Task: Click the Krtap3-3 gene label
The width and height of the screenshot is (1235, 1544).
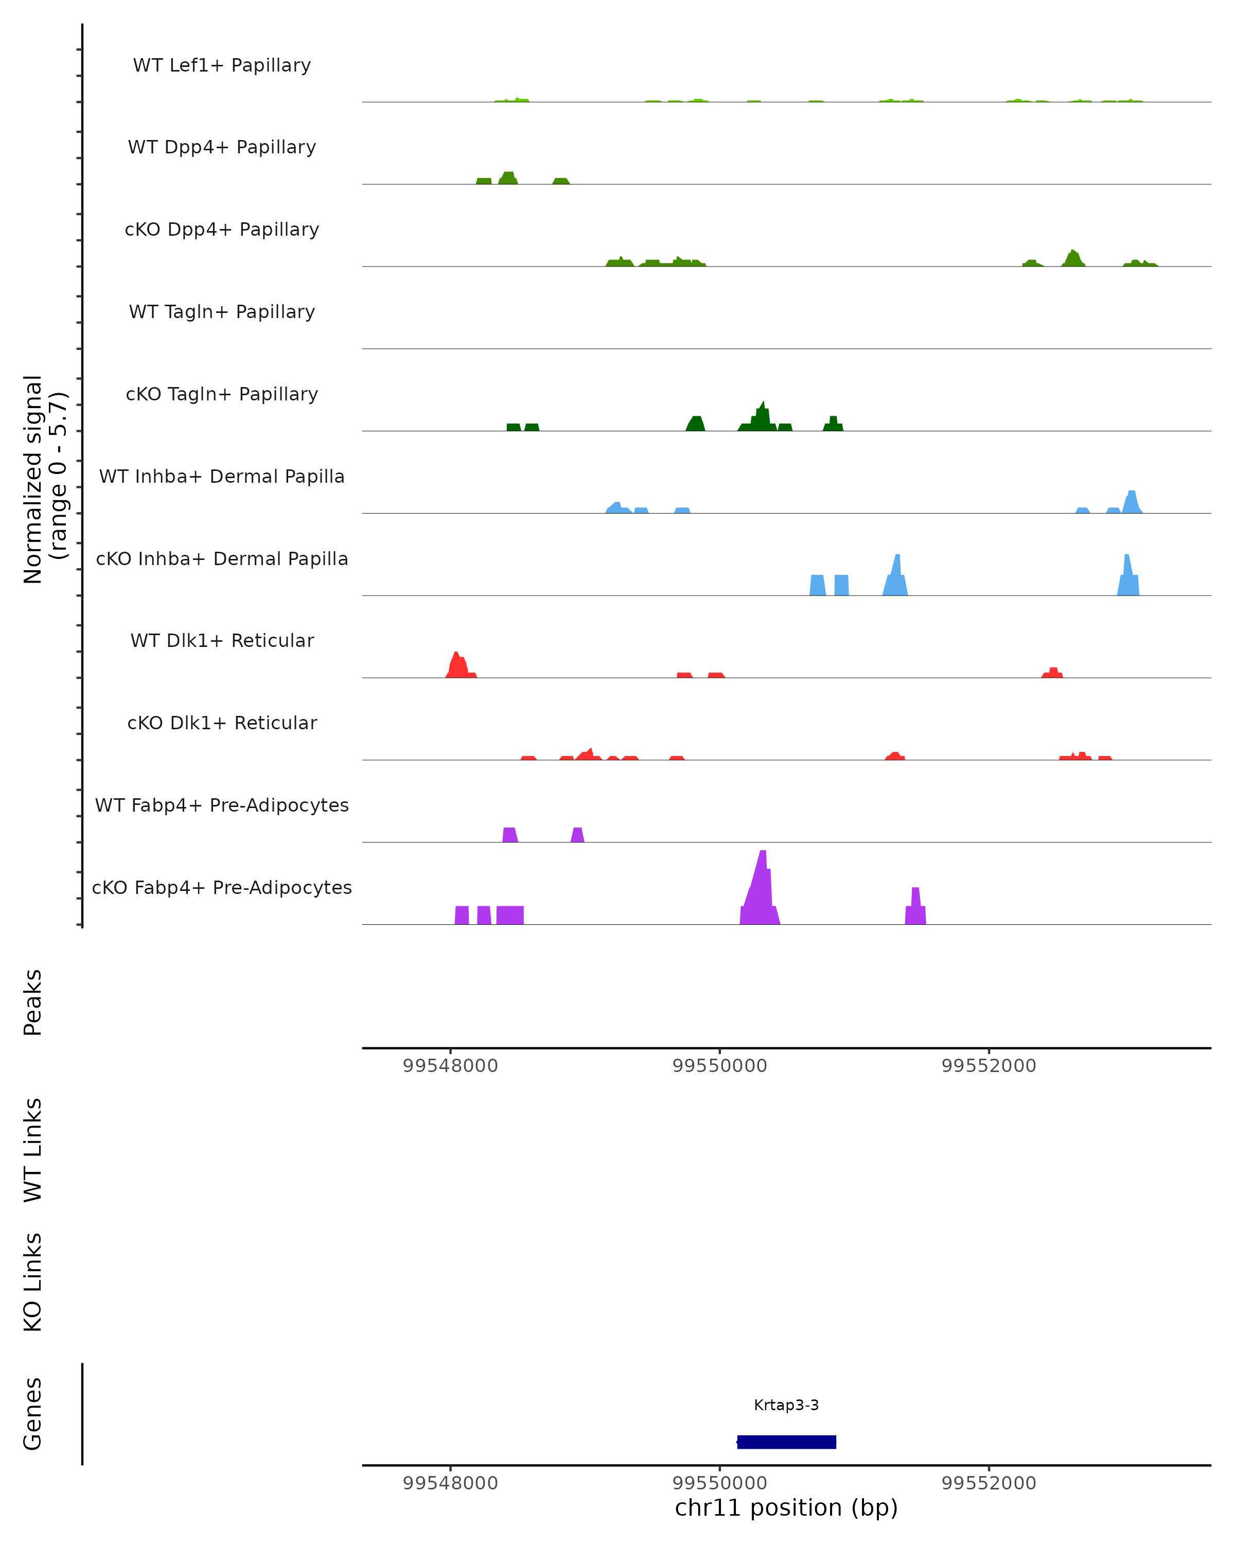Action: click(x=786, y=1405)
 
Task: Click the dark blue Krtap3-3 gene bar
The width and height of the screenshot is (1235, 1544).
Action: click(x=786, y=1442)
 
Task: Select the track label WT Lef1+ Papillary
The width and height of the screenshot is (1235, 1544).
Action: click(x=222, y=65)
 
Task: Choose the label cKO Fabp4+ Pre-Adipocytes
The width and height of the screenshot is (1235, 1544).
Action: click(x=222, y=887)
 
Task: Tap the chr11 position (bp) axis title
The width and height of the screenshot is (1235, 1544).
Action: click(x=786, y=1508)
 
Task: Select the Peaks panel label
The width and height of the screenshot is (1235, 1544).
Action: click(x=33, y=1002)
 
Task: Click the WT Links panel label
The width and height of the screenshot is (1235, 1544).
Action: click(x=33, y=1149)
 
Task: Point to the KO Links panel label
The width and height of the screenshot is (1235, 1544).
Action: click(x=33, y=1282)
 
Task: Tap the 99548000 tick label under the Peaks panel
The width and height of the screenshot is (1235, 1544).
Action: click(x=450, y=1066)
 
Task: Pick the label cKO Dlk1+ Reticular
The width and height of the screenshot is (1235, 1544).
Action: click(x=222, y=723)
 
